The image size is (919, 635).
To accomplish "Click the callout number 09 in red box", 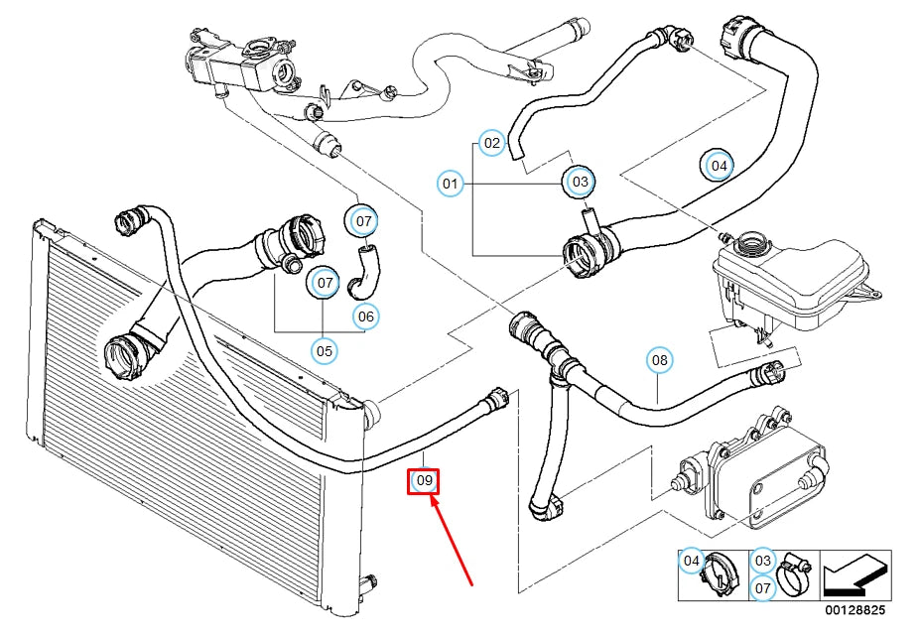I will click(425, 481).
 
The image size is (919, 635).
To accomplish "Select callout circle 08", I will click(660, 359).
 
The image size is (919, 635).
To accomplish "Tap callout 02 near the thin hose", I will click(491, 143).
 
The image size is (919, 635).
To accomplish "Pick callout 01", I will click(451, 184).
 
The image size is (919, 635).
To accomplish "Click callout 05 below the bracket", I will click(325, 350).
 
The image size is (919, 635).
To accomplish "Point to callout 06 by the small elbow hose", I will click(366, 317).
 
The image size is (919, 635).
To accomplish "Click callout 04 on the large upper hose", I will click(718, 165).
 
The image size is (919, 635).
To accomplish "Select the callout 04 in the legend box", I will click(692, 562).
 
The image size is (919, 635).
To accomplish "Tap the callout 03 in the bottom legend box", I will click(761, 562).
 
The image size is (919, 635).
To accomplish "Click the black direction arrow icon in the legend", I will click(855, 573).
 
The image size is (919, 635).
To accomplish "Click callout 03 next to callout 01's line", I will click(580, 182).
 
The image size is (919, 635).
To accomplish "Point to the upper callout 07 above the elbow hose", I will click(362, 220).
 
